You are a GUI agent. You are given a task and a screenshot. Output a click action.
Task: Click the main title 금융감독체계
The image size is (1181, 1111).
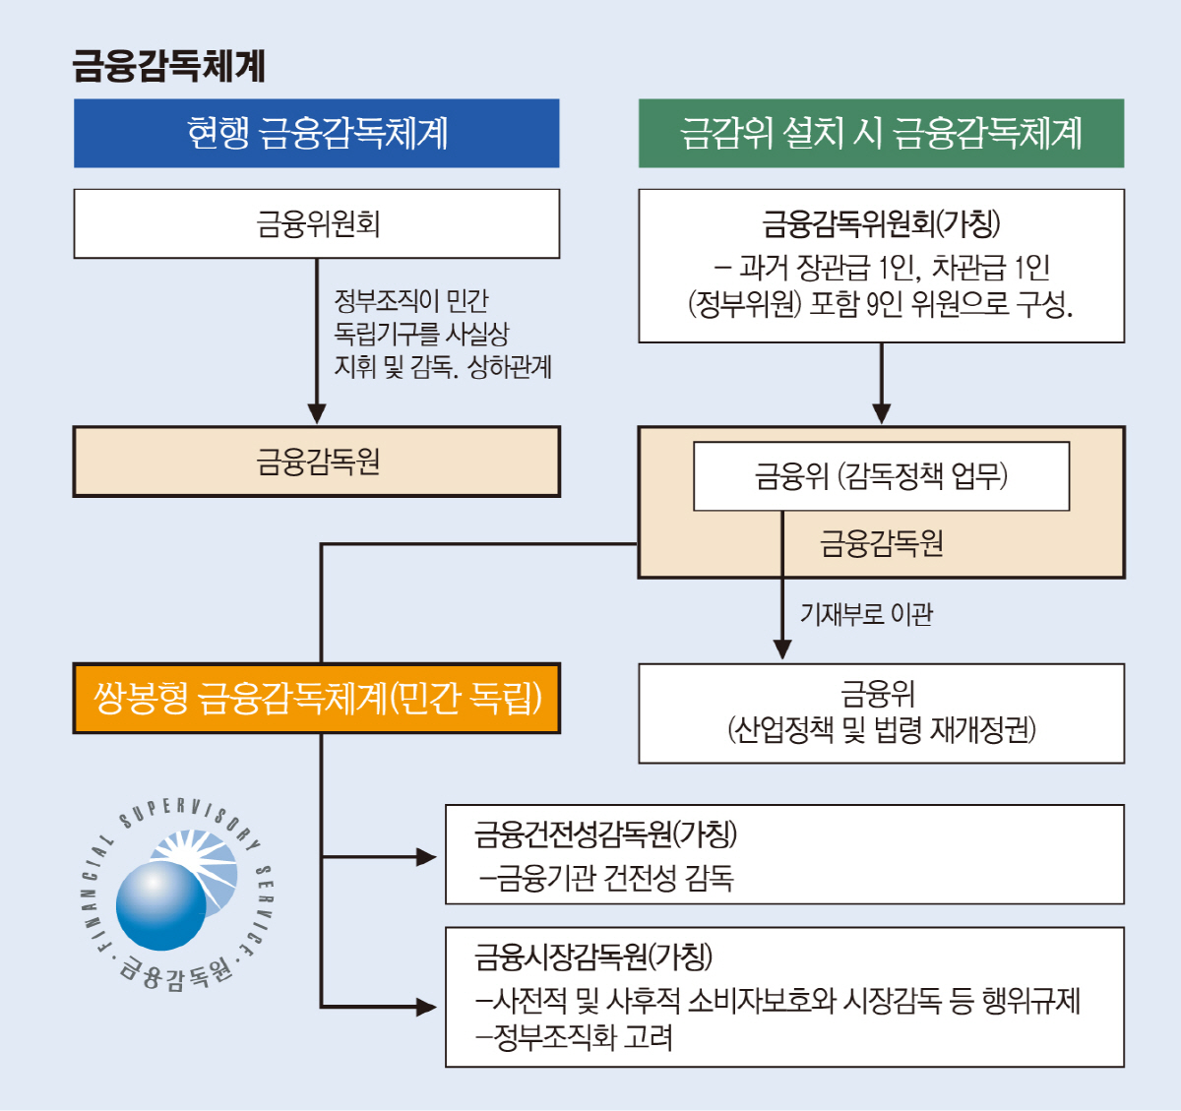tap(168, 66)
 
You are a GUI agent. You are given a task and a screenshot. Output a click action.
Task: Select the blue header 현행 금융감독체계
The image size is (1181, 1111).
tap(317, 133)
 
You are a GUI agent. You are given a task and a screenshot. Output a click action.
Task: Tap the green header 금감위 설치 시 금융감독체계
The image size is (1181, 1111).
tap(881, 133)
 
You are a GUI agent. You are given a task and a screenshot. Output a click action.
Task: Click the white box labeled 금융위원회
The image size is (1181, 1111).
tap(317, 223)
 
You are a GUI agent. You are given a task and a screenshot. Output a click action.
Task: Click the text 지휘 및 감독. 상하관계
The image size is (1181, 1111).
tap(443, 367)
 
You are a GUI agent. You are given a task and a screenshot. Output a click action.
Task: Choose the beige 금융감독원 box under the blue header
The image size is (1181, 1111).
tap(317, 462)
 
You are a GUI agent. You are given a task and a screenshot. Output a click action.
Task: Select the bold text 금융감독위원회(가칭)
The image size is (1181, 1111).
tap(881, 223)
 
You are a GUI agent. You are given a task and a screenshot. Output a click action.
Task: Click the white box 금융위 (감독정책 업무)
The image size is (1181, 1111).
tap(881, 476)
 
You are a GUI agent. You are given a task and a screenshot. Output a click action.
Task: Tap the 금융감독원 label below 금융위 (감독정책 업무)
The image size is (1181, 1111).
tap(881, 543)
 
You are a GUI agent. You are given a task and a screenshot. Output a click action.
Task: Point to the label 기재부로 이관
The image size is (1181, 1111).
tap(866, 614)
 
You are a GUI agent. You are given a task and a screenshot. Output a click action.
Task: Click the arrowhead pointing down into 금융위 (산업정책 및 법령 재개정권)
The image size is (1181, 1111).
tap(782, 648)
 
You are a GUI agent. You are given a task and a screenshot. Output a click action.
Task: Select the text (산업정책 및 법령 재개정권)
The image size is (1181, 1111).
tap(881, 730)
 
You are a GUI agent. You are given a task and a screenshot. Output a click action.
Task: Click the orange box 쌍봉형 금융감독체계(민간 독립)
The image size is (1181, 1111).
tap(317, 699)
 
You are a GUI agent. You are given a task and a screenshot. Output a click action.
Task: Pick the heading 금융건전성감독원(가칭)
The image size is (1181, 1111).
tap(605, 834)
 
